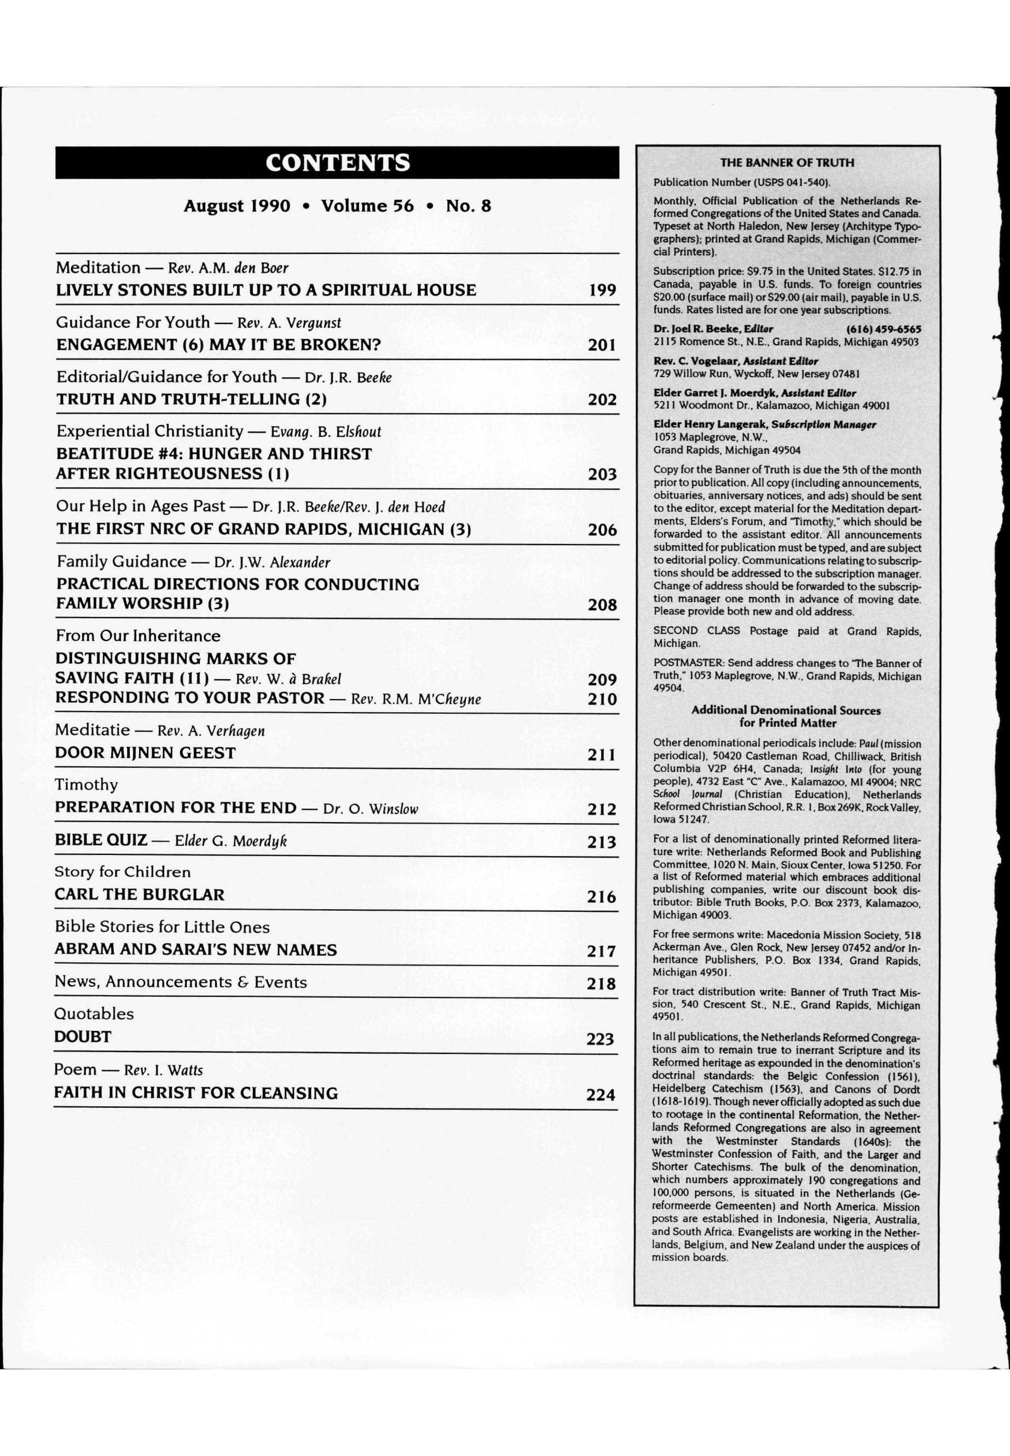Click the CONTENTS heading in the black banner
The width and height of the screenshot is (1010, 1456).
point(337,163)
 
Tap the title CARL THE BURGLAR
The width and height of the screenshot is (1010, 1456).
point(139,895)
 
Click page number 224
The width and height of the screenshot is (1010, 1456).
point(600,1095)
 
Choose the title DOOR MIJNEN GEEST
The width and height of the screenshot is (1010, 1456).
point(145,753)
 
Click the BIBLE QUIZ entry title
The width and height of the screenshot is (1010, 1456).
point(101,840)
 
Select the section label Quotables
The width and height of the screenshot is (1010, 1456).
point(94,1014)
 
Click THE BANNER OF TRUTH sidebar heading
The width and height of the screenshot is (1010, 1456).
point(787,163)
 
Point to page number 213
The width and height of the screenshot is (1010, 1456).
point(601,842)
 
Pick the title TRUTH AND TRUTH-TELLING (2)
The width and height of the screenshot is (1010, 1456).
point(191,399)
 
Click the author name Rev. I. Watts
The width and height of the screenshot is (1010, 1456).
point(163,1071)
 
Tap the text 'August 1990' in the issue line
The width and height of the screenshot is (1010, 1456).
point(236,206)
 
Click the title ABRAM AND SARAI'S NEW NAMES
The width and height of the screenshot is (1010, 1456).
point(195,950)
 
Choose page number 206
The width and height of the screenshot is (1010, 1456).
point(602,530)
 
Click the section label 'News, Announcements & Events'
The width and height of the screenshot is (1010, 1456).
point(180,982)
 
